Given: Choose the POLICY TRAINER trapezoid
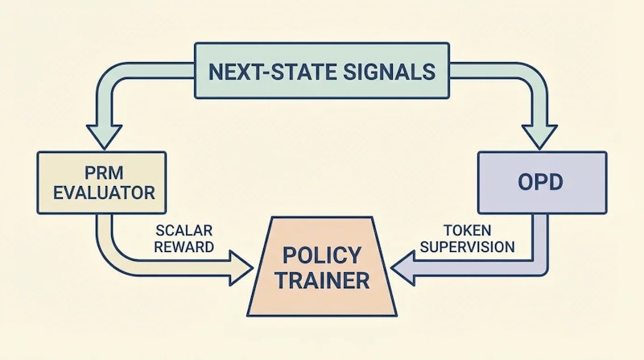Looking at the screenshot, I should point(321,268).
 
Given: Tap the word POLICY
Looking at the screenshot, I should point(321,256).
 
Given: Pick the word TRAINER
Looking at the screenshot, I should point(321,281).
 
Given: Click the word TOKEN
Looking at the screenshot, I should point(463,230).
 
